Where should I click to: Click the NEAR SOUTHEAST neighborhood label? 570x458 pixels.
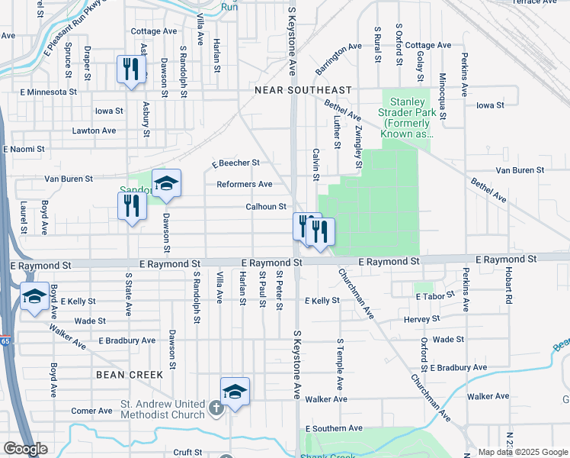303,90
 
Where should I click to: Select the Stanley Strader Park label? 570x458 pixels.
412,118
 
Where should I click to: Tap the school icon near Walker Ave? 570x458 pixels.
235,391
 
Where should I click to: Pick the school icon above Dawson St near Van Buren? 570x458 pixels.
166,183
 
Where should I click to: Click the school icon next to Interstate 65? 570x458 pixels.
34,295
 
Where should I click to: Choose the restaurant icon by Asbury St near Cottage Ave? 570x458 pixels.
131,69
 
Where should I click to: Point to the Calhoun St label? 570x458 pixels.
265,207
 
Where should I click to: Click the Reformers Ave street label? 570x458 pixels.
245,185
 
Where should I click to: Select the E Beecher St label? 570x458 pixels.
235,163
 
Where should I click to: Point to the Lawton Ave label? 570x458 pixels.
94,131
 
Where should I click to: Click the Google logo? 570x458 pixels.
25,449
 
